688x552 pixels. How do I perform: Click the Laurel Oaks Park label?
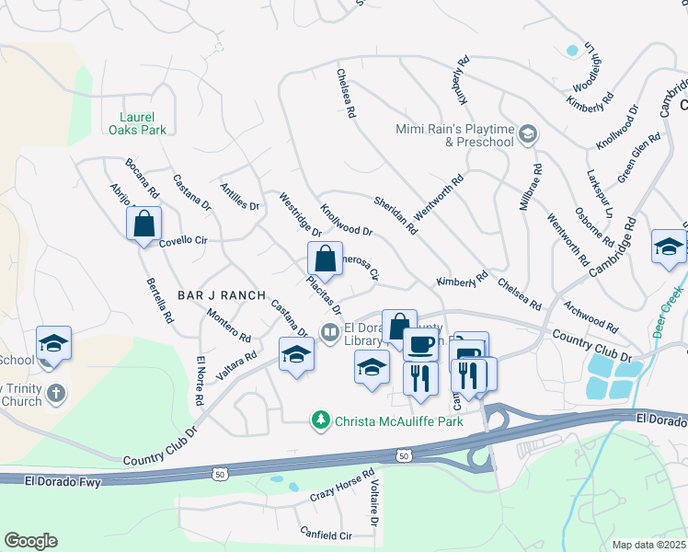point(143,123)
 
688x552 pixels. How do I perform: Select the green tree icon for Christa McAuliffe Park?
point(320,420)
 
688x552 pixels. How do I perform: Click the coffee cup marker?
point(421,344)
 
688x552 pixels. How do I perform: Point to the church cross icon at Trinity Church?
point(56,394)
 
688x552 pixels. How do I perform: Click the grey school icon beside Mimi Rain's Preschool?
point(528,135)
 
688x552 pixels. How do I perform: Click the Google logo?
point(30,541)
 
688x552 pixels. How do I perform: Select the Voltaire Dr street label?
point(375,506)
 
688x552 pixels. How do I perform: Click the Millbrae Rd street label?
point(531,188)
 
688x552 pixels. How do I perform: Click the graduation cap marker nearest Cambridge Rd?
point(669,247)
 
